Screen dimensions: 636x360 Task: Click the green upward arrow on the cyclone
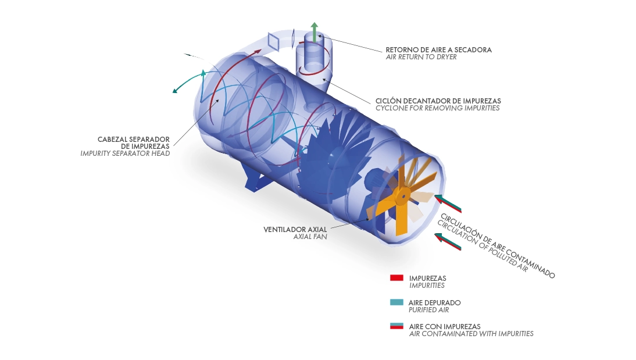click(315, 33)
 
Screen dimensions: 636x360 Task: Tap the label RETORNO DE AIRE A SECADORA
click(438, 50)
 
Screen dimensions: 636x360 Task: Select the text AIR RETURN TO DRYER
click(421, 57)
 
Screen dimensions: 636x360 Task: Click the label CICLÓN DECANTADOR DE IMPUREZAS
click(438, 101)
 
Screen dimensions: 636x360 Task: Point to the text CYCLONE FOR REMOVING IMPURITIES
click(437, 108)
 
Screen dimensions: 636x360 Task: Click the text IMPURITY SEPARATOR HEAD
click(125, 154)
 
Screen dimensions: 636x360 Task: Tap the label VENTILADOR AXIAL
click(295, 230)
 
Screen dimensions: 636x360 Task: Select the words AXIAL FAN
click(310, 237)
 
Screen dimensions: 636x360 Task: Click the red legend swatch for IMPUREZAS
click(396, 278)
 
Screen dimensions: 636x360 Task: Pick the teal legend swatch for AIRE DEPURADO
click(396, 302)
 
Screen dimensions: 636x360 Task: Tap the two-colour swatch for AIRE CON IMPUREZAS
click(396, 326)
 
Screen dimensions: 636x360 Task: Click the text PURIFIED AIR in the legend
click(428, 310)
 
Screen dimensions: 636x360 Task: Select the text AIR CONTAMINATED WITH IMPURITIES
click(471, 334)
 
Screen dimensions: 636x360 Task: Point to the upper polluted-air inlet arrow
click(448, 204)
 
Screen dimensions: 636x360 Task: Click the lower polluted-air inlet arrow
click(448, 241)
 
